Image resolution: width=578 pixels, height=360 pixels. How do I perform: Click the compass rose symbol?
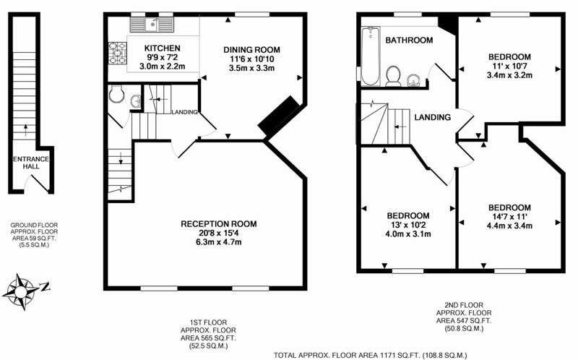point(20,291)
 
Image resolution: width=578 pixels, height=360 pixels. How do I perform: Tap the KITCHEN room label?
point(162,48)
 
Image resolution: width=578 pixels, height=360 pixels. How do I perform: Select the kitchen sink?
point(152,25)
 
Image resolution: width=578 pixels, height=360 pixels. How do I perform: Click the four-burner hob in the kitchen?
point(118,53)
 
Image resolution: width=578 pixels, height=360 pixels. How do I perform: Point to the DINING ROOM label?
point(251,50)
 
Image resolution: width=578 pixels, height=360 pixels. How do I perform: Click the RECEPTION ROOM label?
point(219,224)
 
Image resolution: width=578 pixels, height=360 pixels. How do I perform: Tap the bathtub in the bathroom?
point(370,56)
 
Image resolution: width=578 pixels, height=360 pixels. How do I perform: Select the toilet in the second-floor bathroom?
point(394,76)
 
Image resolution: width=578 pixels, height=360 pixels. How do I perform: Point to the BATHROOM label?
point(409,40)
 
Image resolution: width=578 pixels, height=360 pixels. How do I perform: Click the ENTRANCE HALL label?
point(31,163)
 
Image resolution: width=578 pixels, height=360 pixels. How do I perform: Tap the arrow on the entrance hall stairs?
point(25,130)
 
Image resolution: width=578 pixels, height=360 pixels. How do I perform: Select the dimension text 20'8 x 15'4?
point(219,233)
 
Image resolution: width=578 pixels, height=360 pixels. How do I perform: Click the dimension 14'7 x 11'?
point(509,217)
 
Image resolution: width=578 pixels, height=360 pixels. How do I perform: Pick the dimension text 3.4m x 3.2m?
point(509,75)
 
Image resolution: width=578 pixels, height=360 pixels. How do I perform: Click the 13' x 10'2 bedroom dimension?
point(408,225)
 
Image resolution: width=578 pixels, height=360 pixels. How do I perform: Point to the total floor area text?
point(370,356)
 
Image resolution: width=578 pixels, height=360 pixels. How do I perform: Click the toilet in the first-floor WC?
point(117,95)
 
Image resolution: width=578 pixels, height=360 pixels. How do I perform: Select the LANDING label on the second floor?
point(432,117)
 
